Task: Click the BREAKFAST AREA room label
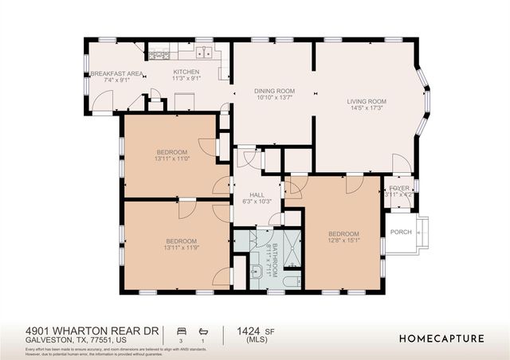tap(116, 73)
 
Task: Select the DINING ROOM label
tap(275, 92)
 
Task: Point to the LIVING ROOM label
tap(367, 101)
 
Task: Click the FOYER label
tap(398, 188)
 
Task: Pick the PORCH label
tap(401, 233)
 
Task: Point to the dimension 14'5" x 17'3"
tap(367, 108)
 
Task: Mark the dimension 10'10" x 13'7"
tap(275, 99)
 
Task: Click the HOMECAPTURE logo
tap(442, 338)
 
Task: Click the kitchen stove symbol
tap(159, 54)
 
